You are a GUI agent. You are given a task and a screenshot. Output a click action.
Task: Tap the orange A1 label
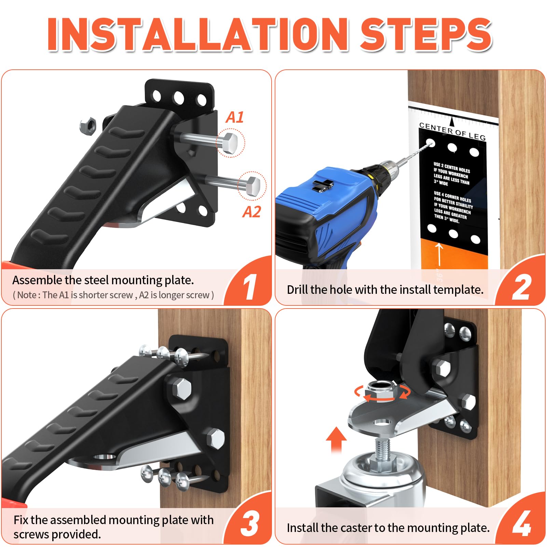point(235,117)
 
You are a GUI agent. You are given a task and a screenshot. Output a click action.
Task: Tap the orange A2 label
point(252,212)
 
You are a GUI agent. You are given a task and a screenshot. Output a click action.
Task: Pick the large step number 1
point(249,287)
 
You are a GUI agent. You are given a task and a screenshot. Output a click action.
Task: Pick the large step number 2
point(521,287)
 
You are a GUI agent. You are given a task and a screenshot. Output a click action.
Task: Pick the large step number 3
point(250,524)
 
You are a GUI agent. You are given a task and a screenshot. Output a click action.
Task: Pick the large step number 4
point(522,524)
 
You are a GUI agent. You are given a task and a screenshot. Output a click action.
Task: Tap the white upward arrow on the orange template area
point(439,255)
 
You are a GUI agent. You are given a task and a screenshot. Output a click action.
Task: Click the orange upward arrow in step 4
point(336,440)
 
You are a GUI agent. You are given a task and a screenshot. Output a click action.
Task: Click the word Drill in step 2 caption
point(298,290)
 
